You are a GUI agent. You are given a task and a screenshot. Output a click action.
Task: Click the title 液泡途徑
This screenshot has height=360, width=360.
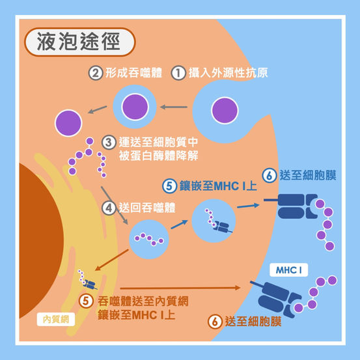[79, 41]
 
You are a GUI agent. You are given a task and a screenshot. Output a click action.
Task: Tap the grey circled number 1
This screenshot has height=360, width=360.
[178, 73]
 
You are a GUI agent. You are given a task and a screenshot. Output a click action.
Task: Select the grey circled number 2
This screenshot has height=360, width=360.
[96, 73]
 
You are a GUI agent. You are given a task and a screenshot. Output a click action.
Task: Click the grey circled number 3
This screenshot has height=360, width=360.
[109, 143]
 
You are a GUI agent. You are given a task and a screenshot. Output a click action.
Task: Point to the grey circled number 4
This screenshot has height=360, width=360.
[109, 208]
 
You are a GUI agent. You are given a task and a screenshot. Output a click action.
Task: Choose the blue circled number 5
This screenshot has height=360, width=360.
[169, 186]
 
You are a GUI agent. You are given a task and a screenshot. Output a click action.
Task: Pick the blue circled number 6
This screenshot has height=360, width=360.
[270, 176]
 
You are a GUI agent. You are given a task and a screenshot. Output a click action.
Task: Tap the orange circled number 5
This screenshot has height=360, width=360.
[86, 301]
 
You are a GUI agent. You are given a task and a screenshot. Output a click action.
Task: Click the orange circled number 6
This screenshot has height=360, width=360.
[215, 322]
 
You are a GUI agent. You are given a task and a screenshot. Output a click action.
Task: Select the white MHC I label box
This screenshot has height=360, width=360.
[288, 270]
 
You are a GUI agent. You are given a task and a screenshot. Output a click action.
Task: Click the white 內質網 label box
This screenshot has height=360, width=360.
[56, 320]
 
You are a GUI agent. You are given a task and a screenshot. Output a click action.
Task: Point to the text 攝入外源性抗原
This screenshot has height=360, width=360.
[228, 73]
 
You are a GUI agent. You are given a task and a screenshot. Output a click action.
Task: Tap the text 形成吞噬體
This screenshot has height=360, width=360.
[133, 73]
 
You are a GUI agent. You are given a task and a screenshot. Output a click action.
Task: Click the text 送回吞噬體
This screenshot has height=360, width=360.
[147, 208]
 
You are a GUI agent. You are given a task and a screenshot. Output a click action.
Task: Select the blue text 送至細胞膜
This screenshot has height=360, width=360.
[308, 176]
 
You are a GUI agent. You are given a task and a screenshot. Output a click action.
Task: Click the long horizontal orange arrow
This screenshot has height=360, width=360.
[180, 288]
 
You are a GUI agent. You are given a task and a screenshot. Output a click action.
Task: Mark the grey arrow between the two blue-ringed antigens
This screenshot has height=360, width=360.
[174, 107]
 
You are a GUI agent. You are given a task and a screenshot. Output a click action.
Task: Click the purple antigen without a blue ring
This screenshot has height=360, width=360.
[68, 123]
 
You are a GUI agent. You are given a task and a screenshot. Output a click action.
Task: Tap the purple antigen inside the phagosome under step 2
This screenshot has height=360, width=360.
[135, 107]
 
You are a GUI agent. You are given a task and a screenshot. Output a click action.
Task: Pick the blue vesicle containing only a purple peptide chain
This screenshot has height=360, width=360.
[149, 239]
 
